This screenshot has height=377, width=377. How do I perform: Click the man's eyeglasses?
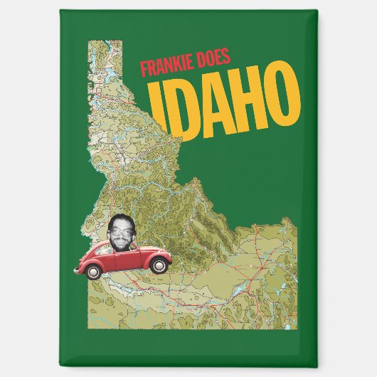tap(122, 230)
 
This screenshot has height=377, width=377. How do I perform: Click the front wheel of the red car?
tap(161, 265)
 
